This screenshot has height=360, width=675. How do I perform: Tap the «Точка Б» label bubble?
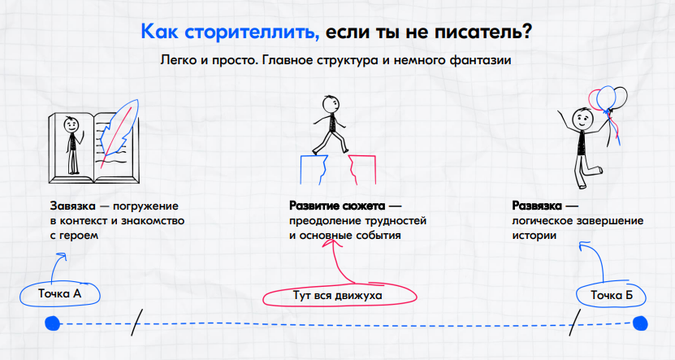click(611, 294)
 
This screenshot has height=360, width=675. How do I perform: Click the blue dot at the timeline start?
click(53, 323)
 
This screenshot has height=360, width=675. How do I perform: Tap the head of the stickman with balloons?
click(582, 118)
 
